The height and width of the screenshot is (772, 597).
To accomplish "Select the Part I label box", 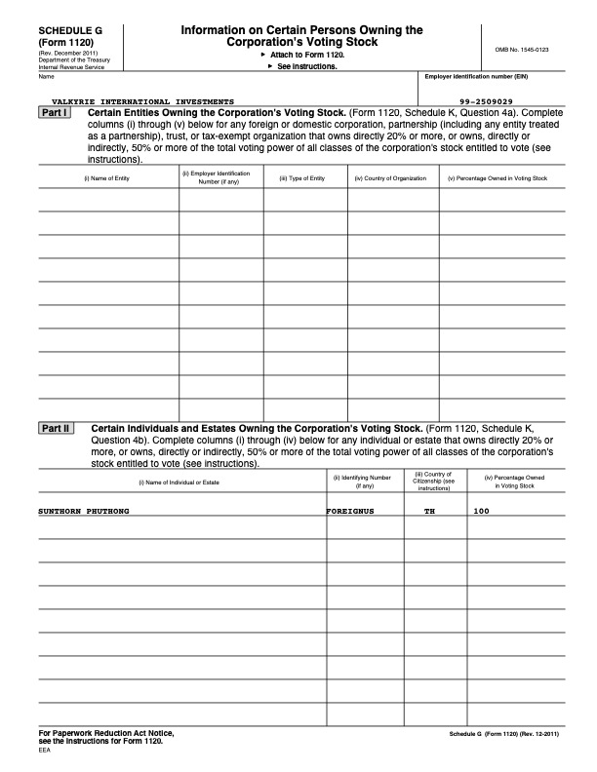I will coord(54,113).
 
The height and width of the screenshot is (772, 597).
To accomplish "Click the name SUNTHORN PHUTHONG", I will coord(83,510).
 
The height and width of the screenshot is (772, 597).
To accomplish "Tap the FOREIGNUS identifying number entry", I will coord(350,510).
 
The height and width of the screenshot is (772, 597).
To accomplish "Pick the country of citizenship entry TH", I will coord(429,510).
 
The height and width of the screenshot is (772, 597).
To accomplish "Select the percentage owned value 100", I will coord(482,510).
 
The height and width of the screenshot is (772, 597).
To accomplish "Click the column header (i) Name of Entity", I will coord(107,178).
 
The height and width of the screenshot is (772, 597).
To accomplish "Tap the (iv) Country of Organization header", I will coord(390,178).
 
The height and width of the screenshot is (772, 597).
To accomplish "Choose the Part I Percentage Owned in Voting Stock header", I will coord(497,178).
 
